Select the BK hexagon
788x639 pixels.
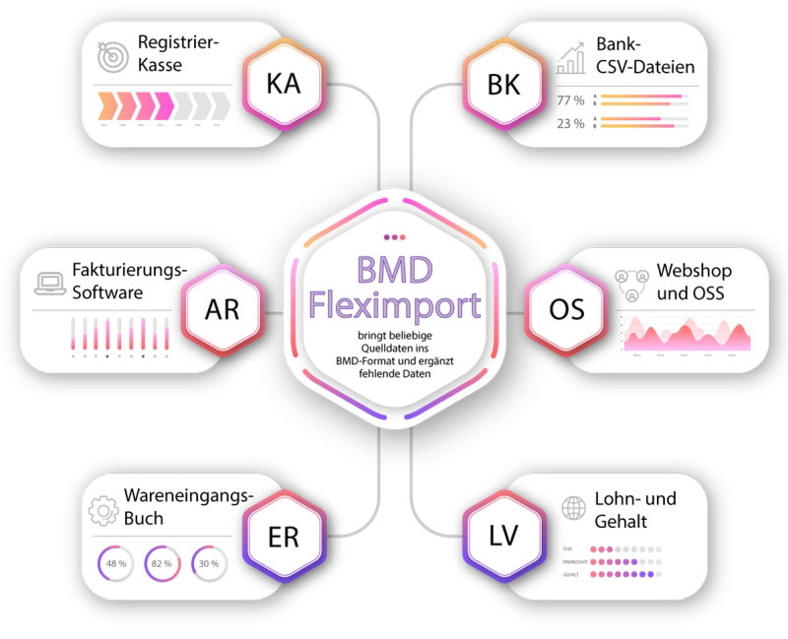point(503,85)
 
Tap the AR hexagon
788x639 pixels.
point(222,312)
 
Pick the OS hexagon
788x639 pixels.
point(565,312)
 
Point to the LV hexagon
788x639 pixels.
point(503,538)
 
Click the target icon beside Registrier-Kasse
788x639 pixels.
point(112,55)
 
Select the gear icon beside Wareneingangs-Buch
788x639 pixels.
point(102,511)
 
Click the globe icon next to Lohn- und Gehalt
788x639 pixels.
point(572,509)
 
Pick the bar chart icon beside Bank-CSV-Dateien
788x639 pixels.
point(570,59)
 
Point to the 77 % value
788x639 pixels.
point(570,100)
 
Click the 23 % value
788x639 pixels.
point(570,123)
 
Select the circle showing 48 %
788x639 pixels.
point(116,563)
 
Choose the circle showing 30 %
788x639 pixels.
point(208,563)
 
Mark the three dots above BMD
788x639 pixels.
point(393,236)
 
